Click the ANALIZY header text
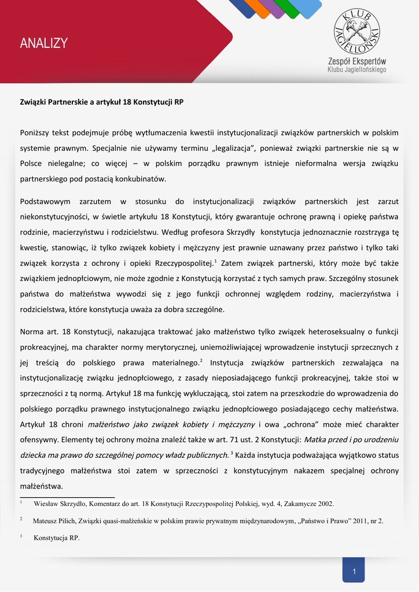(x=43, y=43)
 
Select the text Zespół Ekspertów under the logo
(x=357, y=61)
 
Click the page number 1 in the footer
(x=354, y=572)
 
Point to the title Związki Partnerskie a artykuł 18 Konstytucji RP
(x=102, y=101)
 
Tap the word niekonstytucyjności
(x=54, y=217)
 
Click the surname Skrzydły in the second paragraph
(x=235, y=232)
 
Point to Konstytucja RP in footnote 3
(x=57, y=538)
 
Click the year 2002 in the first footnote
(x=325, y=504)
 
